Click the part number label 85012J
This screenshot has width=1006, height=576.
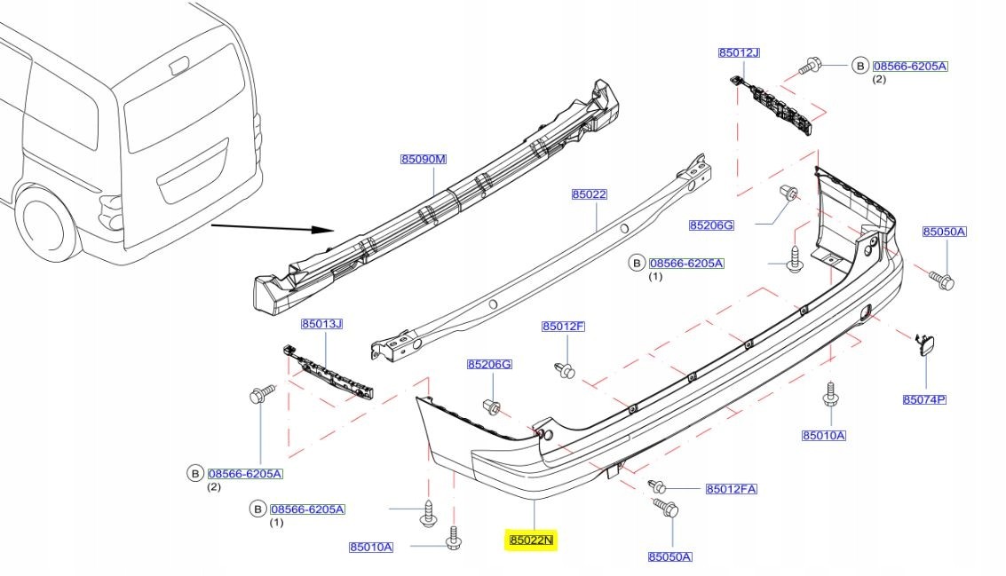[739, 52]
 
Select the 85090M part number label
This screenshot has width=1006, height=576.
[423, 160]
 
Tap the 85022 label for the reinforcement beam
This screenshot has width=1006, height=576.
[589, 194]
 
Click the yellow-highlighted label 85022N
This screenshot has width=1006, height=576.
[530, 540]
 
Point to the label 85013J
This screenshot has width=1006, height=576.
[321, 324]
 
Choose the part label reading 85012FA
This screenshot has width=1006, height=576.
[731, 489]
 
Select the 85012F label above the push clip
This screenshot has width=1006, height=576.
[563, 327]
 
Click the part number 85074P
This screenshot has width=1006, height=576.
[924, 399]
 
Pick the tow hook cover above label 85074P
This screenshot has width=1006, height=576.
[924, 343]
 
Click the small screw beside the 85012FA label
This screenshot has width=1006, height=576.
[658, 486]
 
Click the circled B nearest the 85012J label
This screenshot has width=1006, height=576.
[859, 65]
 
